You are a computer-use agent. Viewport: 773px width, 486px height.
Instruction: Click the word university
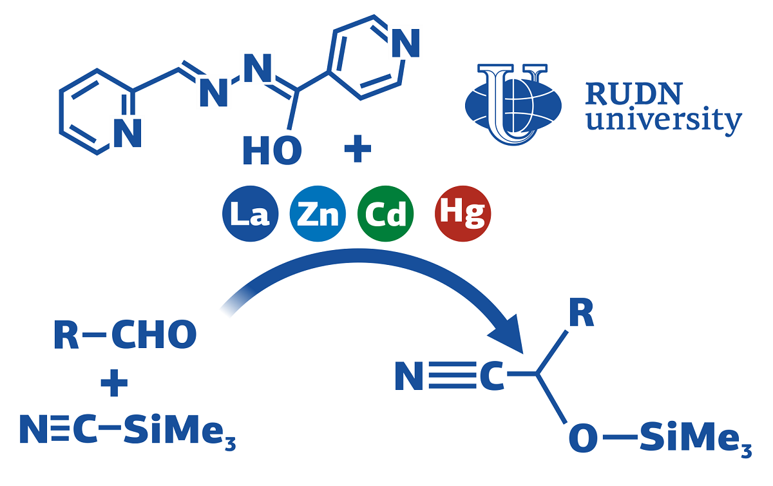pyautogui.click(x=663, y=121)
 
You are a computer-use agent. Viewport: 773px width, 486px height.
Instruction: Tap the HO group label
pyautogui.click(x=271, y=151)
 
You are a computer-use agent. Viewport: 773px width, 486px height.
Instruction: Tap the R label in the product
pyautogui.click(x=580, y=316)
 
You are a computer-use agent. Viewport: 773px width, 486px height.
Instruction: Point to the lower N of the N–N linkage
pyautogui.click(x=214, y=95)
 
